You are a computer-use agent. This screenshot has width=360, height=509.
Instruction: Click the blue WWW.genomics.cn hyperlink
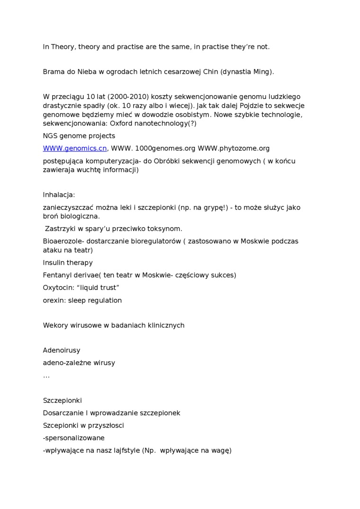75,148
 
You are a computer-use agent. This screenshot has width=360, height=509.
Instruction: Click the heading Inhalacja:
59,195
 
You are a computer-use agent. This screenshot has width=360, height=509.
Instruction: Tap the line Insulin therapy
68,263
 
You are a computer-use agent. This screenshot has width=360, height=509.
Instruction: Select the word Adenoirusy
62,350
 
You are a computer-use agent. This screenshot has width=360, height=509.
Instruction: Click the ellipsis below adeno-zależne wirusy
46,376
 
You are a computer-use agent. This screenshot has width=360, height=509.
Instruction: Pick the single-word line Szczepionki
62,401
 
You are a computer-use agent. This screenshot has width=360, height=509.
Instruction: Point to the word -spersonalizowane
73,438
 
